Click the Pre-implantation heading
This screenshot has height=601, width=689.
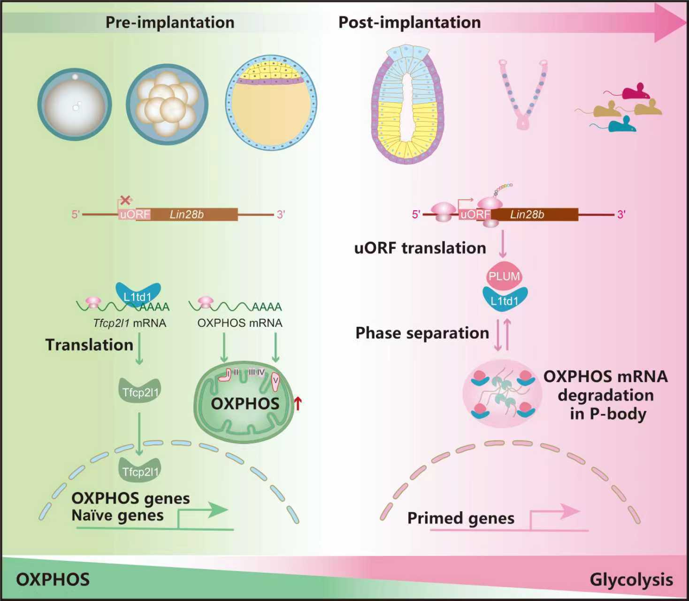(x=169, y=22)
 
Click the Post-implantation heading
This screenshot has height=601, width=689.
(x=409, y=22)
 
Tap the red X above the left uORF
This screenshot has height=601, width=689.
(x=125, y=200)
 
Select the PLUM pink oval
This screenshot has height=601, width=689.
(x=504, y=276)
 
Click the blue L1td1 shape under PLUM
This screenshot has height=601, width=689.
(x=505, y=300)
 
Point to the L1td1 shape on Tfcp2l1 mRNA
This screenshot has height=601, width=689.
(x=138, y=295)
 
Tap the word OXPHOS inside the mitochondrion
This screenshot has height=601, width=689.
(x=245, y=403)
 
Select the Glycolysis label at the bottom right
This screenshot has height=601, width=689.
(x=631, y=579)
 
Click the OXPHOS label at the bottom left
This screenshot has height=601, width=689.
(x=53, y=579)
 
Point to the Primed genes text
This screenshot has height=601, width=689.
(x=460, y=518)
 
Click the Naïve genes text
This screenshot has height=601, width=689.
(x=117, y=515)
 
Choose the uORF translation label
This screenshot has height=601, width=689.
(x=420, y=248)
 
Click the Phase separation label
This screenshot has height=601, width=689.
(x=422, y=333)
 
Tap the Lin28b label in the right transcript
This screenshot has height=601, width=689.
(x=527, y=215)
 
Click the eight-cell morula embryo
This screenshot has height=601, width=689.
(x=167, y=104)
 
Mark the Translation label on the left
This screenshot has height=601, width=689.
(x=89, y=345)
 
